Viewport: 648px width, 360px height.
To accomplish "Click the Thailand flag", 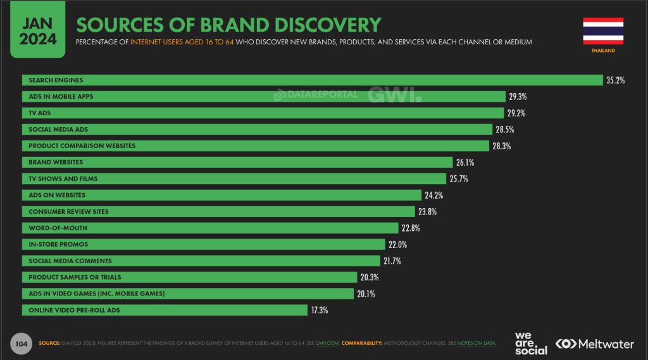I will coord(603,30).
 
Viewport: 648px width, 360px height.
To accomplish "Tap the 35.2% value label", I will coord(615,80).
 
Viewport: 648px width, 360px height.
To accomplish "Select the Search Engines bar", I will coord(312,80).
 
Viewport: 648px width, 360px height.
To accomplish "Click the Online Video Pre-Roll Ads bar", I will coord(165,310).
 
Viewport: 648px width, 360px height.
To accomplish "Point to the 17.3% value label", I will coord(318,310).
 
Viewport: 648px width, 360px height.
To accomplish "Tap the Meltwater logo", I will coord(594,344).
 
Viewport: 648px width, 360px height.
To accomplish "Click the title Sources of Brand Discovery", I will coord(228,25).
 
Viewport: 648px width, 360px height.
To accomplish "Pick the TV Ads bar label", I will coord(40,113).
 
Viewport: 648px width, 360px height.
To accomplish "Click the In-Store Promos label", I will coord(58,244).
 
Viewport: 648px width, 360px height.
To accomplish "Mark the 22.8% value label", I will coord(410,228).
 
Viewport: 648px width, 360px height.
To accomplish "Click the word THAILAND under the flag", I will coord(603,50).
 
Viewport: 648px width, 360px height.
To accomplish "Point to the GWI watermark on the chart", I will coord(396,95).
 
